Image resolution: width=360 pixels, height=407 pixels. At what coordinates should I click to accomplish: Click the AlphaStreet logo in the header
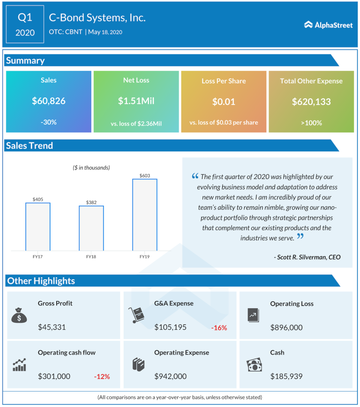pyautogui.click(x=328, y=25)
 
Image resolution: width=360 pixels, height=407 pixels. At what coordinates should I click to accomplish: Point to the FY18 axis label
pyautogui.click(x=91, y=257)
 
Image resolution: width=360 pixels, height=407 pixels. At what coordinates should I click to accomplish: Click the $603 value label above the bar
pyautogui.click(x=144, y=176)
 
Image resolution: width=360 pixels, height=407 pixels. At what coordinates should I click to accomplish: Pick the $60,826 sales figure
pyautogui.click(x=49, y=101)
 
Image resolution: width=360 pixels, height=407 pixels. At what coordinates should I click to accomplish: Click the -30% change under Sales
pyautogui.click(x=49, y=122)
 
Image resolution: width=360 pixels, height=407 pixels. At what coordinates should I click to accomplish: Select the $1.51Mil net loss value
pyautogui.click(x=136, y=101)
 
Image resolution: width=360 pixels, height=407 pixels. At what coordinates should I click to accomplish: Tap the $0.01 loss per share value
pyautogui.click(x=224, y=101)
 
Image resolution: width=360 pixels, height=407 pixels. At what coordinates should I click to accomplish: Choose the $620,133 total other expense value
pyautogui.click(x=311, y=101)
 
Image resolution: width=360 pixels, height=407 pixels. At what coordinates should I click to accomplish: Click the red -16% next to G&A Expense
pyautogui.click(x=219, y=328)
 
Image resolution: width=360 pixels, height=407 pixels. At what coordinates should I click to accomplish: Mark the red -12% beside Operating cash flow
pyautogui.click(x=102, y=377)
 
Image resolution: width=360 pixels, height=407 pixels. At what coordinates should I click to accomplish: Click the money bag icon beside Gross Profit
pyautogui.click(x=19, y=315)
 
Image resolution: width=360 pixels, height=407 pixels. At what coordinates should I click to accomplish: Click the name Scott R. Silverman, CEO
pyautogui.click(x=307, y=257)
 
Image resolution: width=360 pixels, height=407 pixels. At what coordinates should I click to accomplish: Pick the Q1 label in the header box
pyautogui.click(x=25, y=18)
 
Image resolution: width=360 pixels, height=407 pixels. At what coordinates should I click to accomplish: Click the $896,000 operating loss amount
pyautogui.click(x=286, y=327)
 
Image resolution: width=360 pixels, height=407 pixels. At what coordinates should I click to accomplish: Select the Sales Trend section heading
pyautogui.click(x=30, y=146)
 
